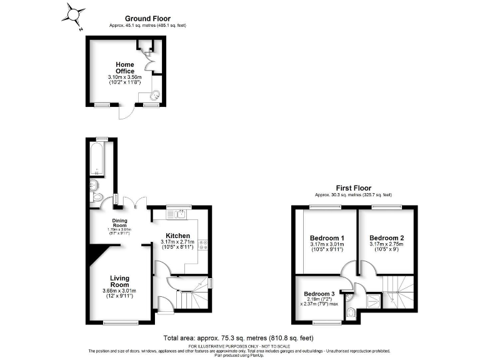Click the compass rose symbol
point(75,13)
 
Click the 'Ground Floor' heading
point(147,19)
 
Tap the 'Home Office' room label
point(124,68)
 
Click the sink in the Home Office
point(155,95)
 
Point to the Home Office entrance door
point(126,113)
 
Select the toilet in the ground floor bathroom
point(96,197)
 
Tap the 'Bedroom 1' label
point(327,238)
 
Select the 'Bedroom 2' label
point(386,238)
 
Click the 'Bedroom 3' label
point(319,294)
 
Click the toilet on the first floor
point(351,311)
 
